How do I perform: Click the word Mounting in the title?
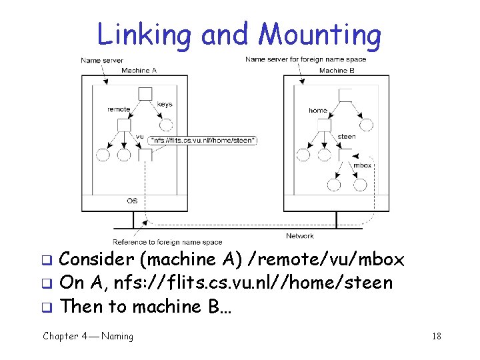[x=320, y=35]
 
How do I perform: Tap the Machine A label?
[x=139, y=70]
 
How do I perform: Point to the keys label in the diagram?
[x=165, y=104]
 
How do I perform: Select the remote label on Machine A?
[x=119, y=109]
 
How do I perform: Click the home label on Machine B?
[x=317, y=110]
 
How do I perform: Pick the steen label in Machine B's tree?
[x=347, y=137]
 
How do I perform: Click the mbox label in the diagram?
[x=363, y=165]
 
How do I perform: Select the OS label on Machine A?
[x=133, y=201]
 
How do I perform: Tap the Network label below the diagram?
[x=299, y=236]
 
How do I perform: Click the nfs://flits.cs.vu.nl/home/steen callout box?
[x=203, y=140]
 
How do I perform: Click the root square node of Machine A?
[x=145, y=94]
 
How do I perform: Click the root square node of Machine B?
[x=345, y=95]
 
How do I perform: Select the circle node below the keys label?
[x=166, y=125]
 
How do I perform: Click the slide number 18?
[x=437, y=336]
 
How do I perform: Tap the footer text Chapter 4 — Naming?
[x=88, y=336]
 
